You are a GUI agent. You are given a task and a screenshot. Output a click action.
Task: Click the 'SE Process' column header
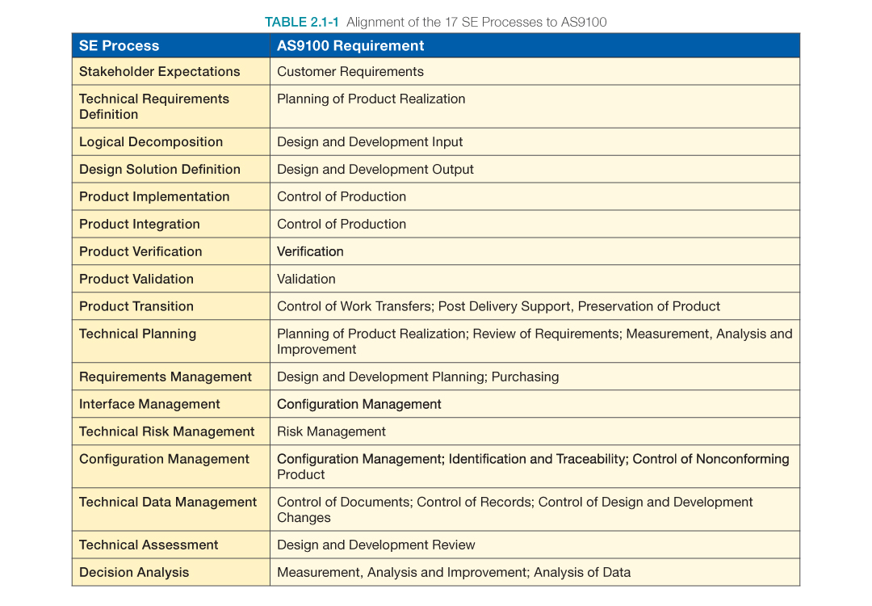(119, 46)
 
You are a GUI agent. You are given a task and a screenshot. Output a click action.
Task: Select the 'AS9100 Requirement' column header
(350, 46)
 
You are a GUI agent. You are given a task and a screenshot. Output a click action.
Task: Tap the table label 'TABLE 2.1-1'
(302, 22)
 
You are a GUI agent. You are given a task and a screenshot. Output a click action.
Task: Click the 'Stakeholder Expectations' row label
(159, 72)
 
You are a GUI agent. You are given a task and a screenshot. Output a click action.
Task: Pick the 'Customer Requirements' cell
(350, 72)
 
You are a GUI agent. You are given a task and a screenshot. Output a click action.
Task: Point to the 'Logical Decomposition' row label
(150, 142)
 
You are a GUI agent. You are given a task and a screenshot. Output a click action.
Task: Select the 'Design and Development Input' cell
(370, 142)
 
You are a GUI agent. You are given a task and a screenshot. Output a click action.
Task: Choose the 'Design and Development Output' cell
(375, 170)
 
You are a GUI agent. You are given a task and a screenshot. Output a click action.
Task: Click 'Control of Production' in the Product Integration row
(341, 225)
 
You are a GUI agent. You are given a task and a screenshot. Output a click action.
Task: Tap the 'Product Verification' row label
(140, 252)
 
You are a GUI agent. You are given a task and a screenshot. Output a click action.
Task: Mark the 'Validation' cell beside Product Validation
(306, 280)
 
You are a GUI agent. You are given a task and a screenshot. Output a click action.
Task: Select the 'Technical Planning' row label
(137, 335)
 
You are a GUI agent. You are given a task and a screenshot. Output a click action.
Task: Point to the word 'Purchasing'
(525, 377)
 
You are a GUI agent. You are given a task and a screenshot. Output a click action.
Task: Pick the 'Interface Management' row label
(149, 405)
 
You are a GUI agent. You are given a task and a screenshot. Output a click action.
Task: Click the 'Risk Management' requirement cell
(331, 432)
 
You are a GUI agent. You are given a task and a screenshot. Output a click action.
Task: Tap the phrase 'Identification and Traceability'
(537, 459)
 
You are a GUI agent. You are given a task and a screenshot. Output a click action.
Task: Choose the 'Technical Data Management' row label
(167, 503)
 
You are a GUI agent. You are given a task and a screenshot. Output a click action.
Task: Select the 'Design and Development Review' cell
(375, 545)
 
